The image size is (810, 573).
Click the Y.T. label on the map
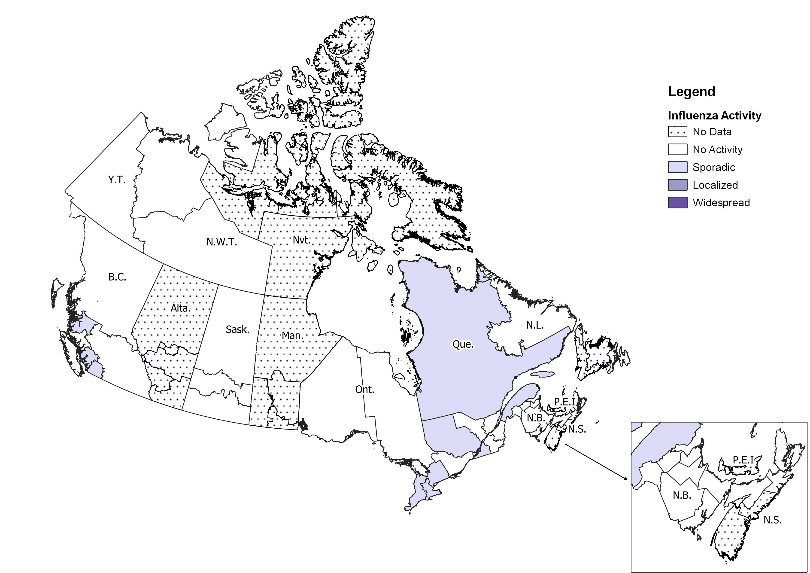[x=116, y=180]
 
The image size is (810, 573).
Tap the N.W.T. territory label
[x=221, y=242]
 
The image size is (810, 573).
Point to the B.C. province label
[x=117, y=277]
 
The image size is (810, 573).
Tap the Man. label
[x=292, y=335]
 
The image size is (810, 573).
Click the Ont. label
[x=364, y=390]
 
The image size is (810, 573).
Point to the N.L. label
[x=535, y=325]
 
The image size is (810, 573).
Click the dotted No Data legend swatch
[x=677, y=132]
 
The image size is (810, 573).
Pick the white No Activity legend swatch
[x=677, y=149]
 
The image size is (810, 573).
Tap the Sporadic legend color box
[x=677, y=167]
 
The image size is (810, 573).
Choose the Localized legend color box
[x=677, y=185]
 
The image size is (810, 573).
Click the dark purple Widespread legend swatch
[x=677, y=203]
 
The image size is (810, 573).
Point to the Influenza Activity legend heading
[x=714, y=115]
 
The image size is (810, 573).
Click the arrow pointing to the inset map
[x=596, y=462]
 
